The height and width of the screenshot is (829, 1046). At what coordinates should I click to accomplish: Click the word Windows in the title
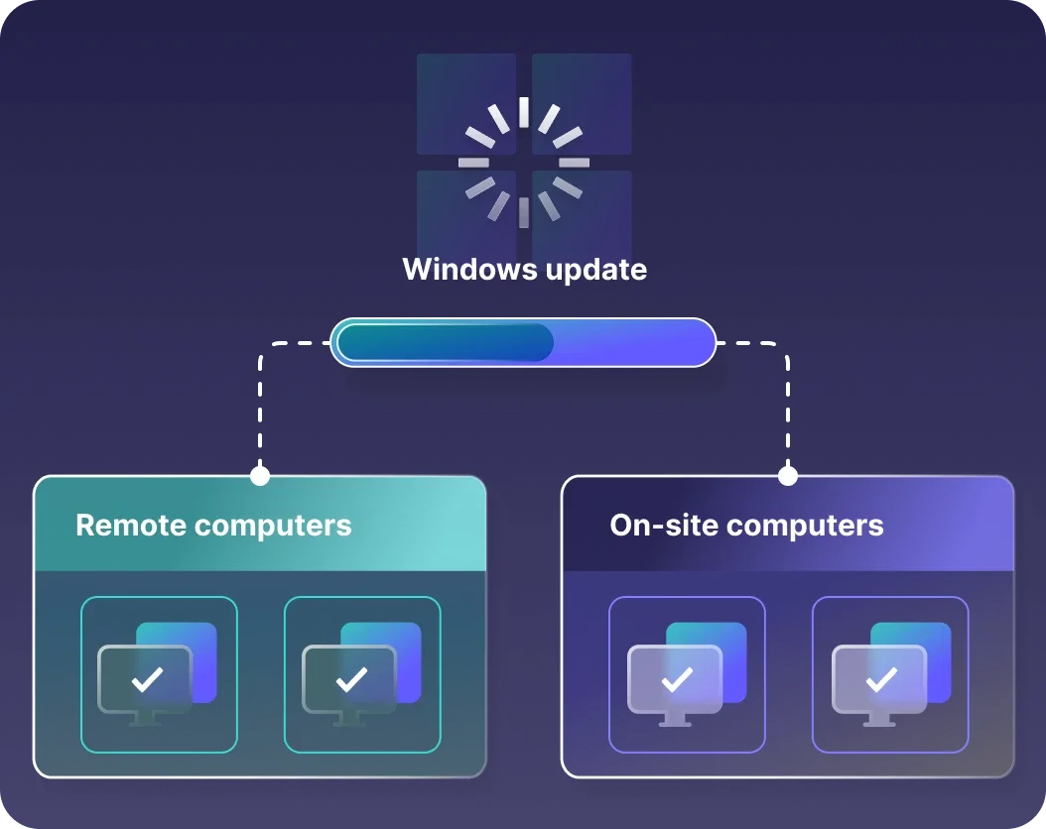pyautogui.click(x=461, y=269)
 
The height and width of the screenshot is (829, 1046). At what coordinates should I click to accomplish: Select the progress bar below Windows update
pyautogui.click(x=523, y=342)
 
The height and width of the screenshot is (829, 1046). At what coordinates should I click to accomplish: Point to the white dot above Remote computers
pyautogui.click(x=260, y=476)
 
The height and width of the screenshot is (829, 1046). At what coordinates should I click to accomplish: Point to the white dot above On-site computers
pyautogui.click(x=788, y=476)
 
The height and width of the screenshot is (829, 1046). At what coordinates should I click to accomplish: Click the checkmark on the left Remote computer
pyautogui.click(x=148, y=679)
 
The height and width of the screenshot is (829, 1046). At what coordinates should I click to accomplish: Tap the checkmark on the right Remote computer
pyautogui.click(x=351, y=679)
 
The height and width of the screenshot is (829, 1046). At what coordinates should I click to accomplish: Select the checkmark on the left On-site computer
pyautogui.click(x=677, y=679)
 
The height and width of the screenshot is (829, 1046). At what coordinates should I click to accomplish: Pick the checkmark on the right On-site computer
pyautogui.click(x=880, y=679)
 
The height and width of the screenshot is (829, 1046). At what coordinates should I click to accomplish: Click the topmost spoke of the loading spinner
pyautogui.click(x=524, y=112)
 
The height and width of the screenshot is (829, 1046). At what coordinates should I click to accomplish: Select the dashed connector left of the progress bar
pyautogui.click(x=261, y=397)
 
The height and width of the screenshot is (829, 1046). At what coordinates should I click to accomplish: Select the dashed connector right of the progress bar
pyautogui.click(x=787, y=397)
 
